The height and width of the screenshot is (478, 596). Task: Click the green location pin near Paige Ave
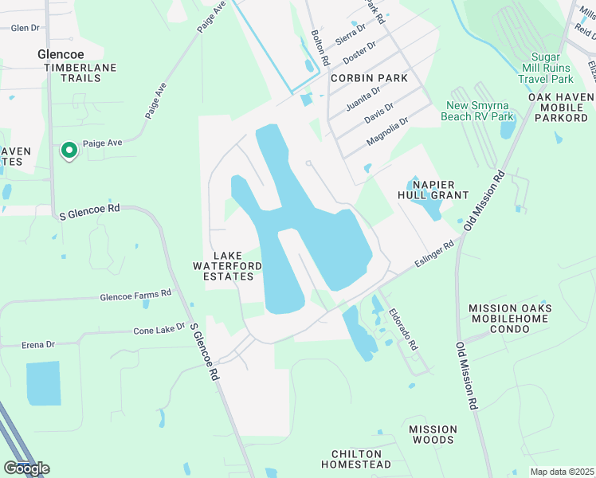[x=69, y=150]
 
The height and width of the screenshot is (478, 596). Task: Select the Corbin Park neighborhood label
[x=369, y=78]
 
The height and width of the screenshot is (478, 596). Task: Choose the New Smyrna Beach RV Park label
[x=480, y=111]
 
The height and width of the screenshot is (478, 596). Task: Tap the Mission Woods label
[x=433, y=434]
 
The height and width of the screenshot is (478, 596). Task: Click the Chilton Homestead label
[x=356, y=459]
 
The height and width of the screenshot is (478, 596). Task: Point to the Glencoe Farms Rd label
[x=135, y=296]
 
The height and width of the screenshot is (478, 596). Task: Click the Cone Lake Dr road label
[x=159, y=330]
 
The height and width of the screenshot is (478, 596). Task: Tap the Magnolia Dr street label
[x=387, y=131]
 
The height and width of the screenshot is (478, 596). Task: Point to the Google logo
[x=25, y=468]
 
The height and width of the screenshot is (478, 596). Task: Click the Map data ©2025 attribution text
[x=562, y=472]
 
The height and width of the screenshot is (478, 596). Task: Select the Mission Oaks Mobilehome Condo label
[x=511, y=319]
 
